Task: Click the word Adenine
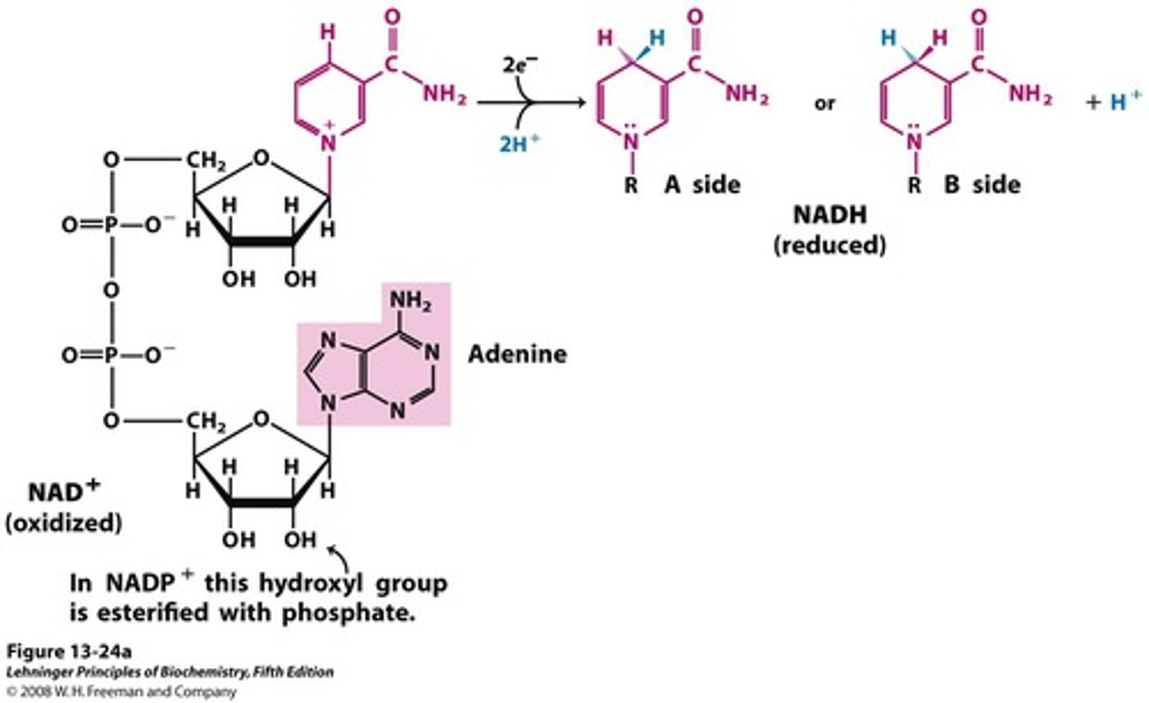(x=517, y=353)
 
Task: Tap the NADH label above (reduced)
(x=829, y=215)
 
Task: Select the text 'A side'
(x=702, y=184)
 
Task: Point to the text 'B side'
(x=982, y=184)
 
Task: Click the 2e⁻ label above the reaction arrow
(x=519, y=65)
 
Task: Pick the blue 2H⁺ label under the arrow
(x=519, y=144)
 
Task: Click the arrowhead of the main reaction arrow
(x=581, y=103)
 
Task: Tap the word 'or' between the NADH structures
(x=825, y=103)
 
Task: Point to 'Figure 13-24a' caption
(x=69, y=651)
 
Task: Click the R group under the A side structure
(x=631, y=186)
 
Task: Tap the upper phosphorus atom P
(x=111, y=226)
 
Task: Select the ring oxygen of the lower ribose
(x=261, y=419)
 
